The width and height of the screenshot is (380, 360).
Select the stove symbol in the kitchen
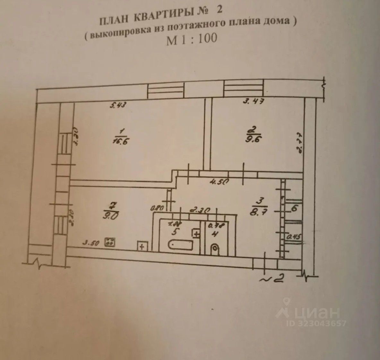pyautogui.click(x=110, y=242)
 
